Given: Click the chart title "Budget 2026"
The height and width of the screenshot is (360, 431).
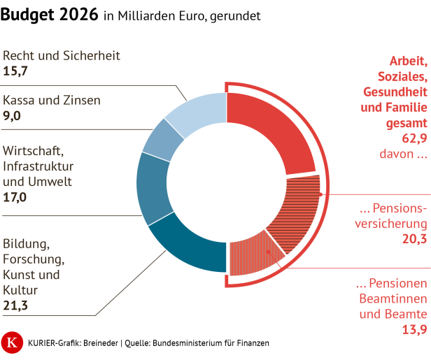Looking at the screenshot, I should [x=49, y=15].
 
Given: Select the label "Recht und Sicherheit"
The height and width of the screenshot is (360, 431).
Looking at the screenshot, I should [x=62, y=55].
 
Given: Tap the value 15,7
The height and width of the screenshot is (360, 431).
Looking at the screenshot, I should [x=16, y=71].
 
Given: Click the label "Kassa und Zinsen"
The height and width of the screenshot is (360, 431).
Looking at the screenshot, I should [x=52, y=100].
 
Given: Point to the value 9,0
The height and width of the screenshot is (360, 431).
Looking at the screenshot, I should [x=13, y=116].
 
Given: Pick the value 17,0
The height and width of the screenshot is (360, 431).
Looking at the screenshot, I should [x=15, y=197].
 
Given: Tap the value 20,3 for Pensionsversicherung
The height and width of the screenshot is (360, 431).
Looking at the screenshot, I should [x=413, y=240].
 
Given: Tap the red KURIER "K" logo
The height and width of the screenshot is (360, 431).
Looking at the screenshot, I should [x=12, y=343].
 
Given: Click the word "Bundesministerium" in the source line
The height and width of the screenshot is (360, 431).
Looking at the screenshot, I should [x=209, y=343].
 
